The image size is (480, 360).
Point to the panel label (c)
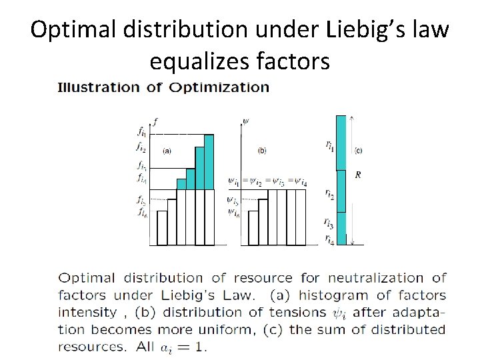(359, 150)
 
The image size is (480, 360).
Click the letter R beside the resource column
(358, 175)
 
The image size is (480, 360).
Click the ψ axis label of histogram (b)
(246, 121)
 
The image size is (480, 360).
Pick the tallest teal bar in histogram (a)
(209, 162)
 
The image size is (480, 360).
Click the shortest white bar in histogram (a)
(161, 229)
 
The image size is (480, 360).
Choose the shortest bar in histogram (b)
(253, 229)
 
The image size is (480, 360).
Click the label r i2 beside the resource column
(329, 194)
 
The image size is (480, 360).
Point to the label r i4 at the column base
(329, 238)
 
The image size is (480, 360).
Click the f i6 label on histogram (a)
(142, 213)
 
